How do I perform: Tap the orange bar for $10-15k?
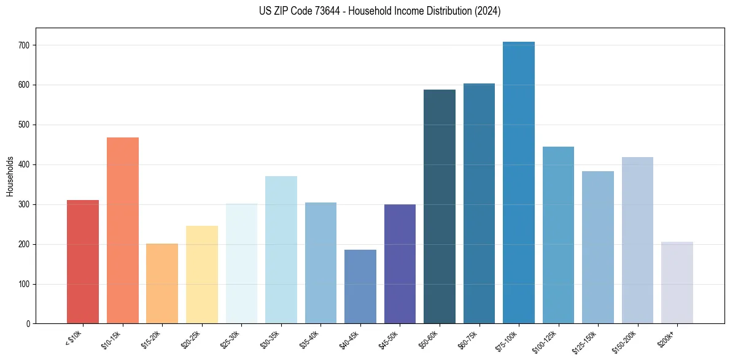123,231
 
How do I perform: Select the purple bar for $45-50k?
400,264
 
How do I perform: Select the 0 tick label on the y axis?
29,324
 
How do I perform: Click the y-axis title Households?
10,176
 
